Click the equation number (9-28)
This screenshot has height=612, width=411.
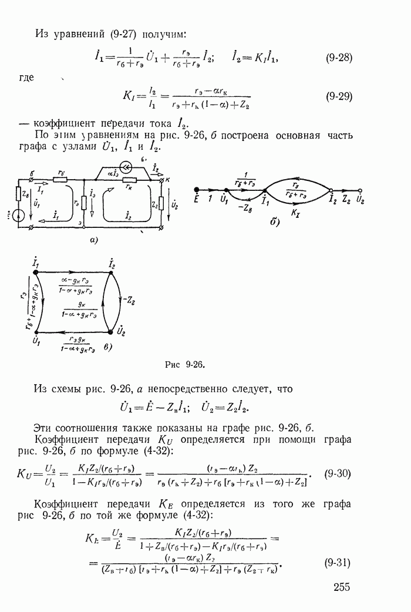(x=338, y=58)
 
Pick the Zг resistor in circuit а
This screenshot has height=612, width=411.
(x=161, y=203)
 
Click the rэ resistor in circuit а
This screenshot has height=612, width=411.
(x=84, y=204)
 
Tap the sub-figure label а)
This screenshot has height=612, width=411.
(x=92, y=241)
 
